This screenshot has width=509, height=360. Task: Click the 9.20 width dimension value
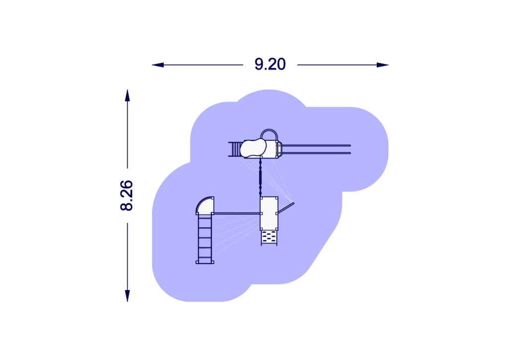pyautogui.click(x=270, y=64)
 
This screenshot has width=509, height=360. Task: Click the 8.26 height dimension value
pyautogui.click(x=127, y=195)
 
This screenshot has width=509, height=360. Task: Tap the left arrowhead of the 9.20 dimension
pyautogui.click(x=158, y=65)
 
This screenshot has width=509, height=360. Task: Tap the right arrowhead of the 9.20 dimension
pyautogui.click(x=382, y=65)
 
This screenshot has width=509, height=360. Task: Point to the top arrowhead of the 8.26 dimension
pyautogui.click(x=127, y=95)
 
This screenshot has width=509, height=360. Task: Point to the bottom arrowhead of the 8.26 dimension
pyautogui.click(x=127, y=296)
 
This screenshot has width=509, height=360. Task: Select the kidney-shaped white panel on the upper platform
pyautogui.click(x=253, y=148)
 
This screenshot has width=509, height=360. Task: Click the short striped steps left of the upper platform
pyautogui.click(x=235, y=149)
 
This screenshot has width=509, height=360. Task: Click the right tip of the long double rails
pyautogui.click(x=350, y=149)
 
